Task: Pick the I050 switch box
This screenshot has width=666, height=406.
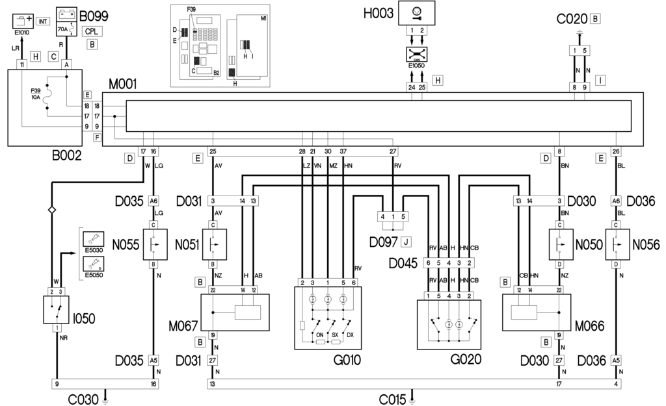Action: tap(56, 309)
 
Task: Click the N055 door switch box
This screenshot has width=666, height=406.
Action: tap(154, 245)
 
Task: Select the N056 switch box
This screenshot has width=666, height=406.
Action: tap(616, 245)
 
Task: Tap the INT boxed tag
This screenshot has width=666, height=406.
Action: tap(43, 21)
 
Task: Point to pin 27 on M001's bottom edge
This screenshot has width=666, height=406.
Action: tap(393, 151)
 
